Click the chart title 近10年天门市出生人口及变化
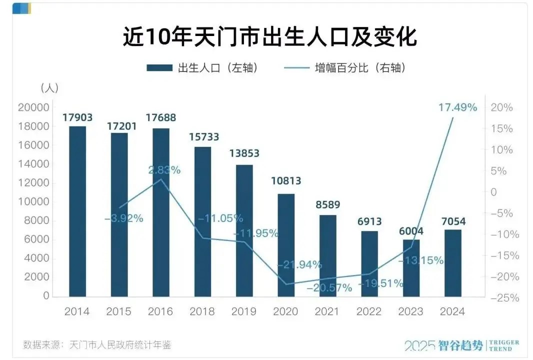tap(270, 38)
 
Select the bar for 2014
tap(77, 210)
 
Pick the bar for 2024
tap(453, 262)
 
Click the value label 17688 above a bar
tap(161, 118)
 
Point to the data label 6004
tap(411, 231)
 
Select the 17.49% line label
tap(457, 107)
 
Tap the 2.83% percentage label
tap(164, 170)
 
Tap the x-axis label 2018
tap(202, 311)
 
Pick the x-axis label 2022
tap(369, 311)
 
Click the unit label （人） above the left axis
tap(49, 88)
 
